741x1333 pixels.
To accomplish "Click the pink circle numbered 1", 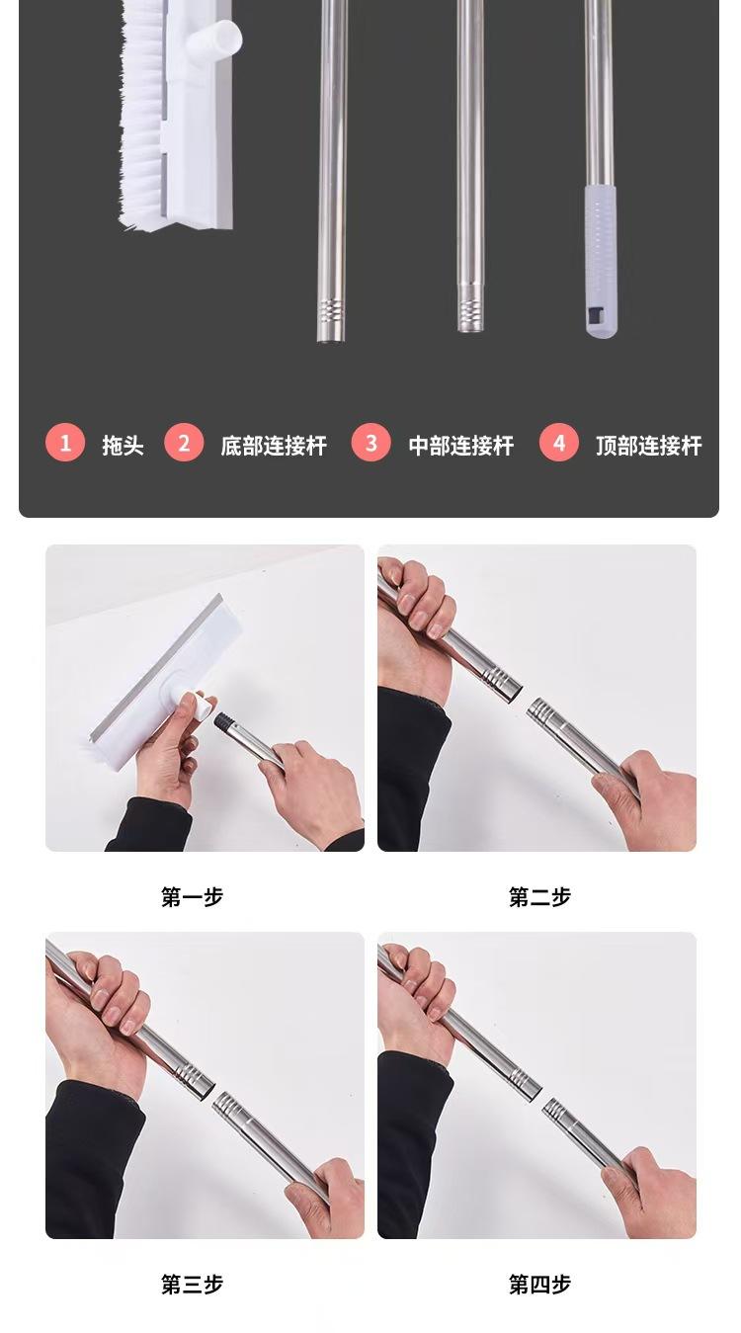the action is [65, 442].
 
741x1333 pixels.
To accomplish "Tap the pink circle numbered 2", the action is [184, 442].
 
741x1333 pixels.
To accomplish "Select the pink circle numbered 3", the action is [370, 442].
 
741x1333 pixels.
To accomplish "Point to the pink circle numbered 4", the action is [559, 442].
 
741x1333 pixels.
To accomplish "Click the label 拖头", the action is [123, 445].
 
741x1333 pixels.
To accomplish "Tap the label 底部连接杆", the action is [274, 445].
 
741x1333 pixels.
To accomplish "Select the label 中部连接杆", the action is [460, 445].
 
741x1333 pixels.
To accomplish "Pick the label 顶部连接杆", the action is [649, 445].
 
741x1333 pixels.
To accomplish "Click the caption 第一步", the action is [192, 896].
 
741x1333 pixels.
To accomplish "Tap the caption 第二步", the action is [539, 896].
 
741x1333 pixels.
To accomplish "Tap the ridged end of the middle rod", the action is [470, 308].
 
